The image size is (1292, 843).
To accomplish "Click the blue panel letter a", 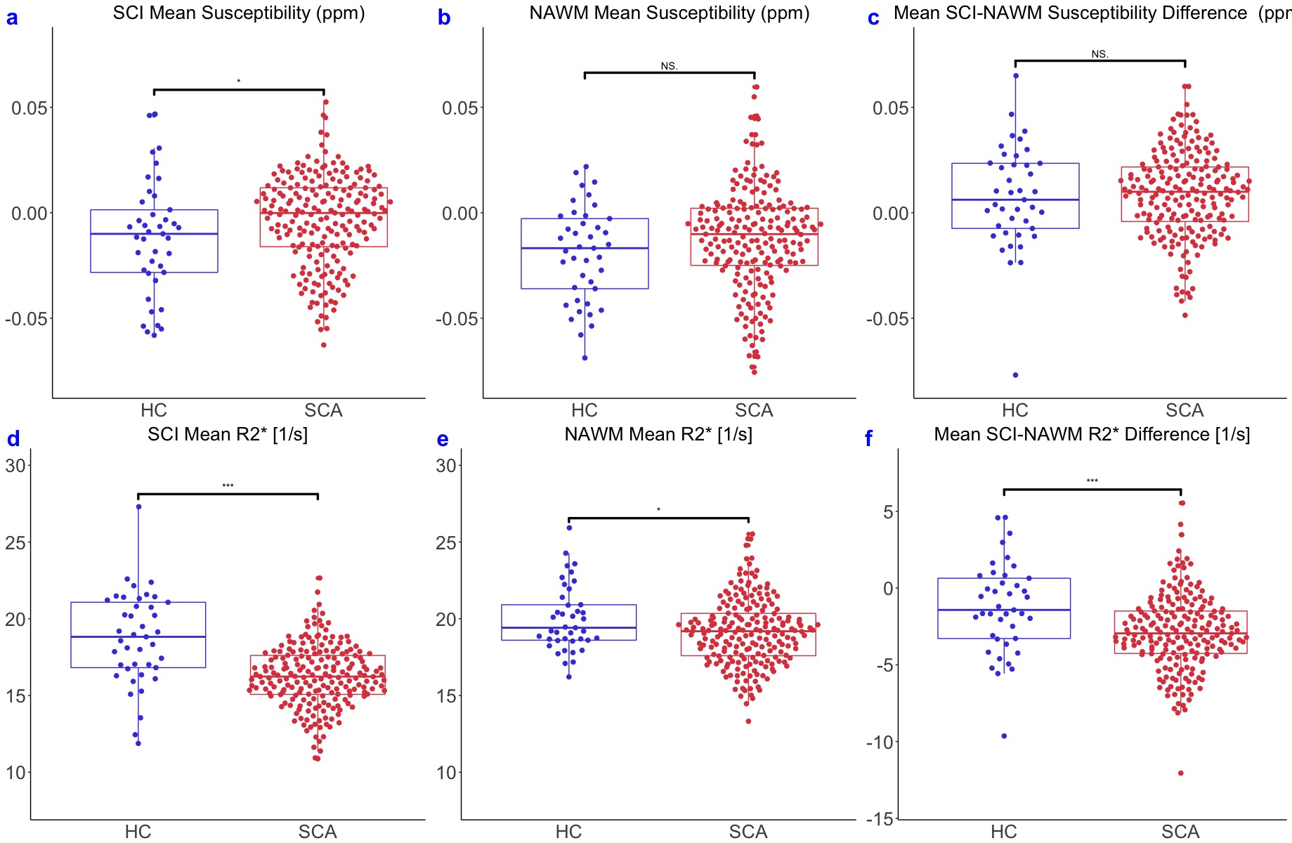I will point(12,18).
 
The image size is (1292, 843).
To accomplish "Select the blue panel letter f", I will point(868,439).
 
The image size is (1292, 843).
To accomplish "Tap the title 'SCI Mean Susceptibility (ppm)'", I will point(239,13).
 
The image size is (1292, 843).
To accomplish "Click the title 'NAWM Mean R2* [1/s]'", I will point(658,434).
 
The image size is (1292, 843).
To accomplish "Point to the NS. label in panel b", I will point(669,66).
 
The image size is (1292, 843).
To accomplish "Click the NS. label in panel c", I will point(1099,54).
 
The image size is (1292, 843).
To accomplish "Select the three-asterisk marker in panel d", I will point(228,486).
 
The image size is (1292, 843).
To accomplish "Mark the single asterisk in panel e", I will point(658,511).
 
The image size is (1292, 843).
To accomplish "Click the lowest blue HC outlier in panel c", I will point(1015,375).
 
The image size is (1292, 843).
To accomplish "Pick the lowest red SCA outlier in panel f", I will point(1180,773).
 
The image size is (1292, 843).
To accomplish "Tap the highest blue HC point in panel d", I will point(138,507).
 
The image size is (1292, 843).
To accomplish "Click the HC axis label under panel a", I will point(154,410).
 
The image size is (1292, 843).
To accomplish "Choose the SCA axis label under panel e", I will point(748,832).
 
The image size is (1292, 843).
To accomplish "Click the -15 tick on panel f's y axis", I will point(880,819).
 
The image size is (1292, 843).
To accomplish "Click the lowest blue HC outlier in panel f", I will point(1004,736).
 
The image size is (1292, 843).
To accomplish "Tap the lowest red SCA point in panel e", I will point(748,721).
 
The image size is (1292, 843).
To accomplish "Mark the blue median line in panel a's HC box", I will point(154,234).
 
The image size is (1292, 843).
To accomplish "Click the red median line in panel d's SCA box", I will point(318,677).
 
